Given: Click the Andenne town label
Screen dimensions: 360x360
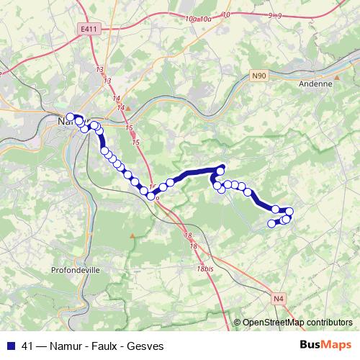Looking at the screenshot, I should pos(315,84).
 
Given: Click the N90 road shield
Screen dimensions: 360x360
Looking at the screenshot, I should pos(258,74).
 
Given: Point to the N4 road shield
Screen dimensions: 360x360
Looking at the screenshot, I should pos(279,298).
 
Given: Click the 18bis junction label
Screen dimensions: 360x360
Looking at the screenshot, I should pos(206,268).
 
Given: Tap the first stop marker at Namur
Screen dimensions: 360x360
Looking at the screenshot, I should pos(70,117).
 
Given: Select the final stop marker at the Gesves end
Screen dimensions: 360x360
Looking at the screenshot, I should pos(272,224).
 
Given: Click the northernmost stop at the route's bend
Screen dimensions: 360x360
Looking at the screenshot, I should pos(221,168).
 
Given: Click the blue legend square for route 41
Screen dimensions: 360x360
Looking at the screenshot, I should pos(12,344).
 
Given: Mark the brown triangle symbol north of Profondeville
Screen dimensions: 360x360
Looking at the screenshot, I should pos(132,235).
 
